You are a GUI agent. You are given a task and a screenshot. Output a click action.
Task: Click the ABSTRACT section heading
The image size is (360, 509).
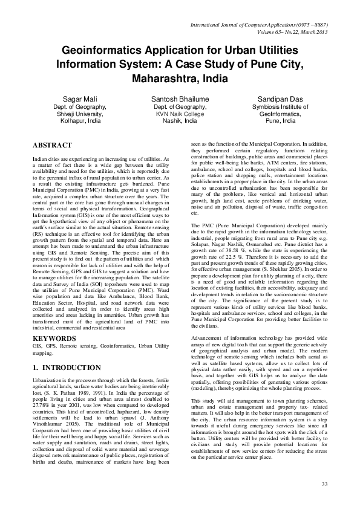pos(52,146)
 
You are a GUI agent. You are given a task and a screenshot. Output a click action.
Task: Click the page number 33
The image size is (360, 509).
pos(324,484)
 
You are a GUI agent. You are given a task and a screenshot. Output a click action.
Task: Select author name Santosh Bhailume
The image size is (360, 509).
pos(180,98)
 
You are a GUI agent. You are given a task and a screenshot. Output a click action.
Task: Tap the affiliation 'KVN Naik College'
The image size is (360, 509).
pos(180,114)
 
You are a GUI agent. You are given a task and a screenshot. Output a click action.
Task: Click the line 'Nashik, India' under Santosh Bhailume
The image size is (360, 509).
pos(180,121)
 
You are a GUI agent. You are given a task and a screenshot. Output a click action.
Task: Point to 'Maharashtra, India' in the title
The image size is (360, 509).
pos(180,79)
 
